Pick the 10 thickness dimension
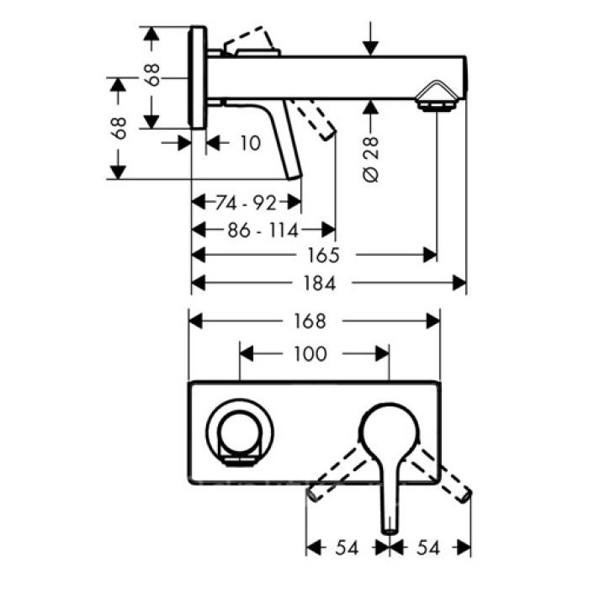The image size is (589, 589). [250, 144]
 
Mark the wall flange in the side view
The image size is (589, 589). [198, 77]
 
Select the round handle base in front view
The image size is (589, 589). [390, 434]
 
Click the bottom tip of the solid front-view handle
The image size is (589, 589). [390, 528]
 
